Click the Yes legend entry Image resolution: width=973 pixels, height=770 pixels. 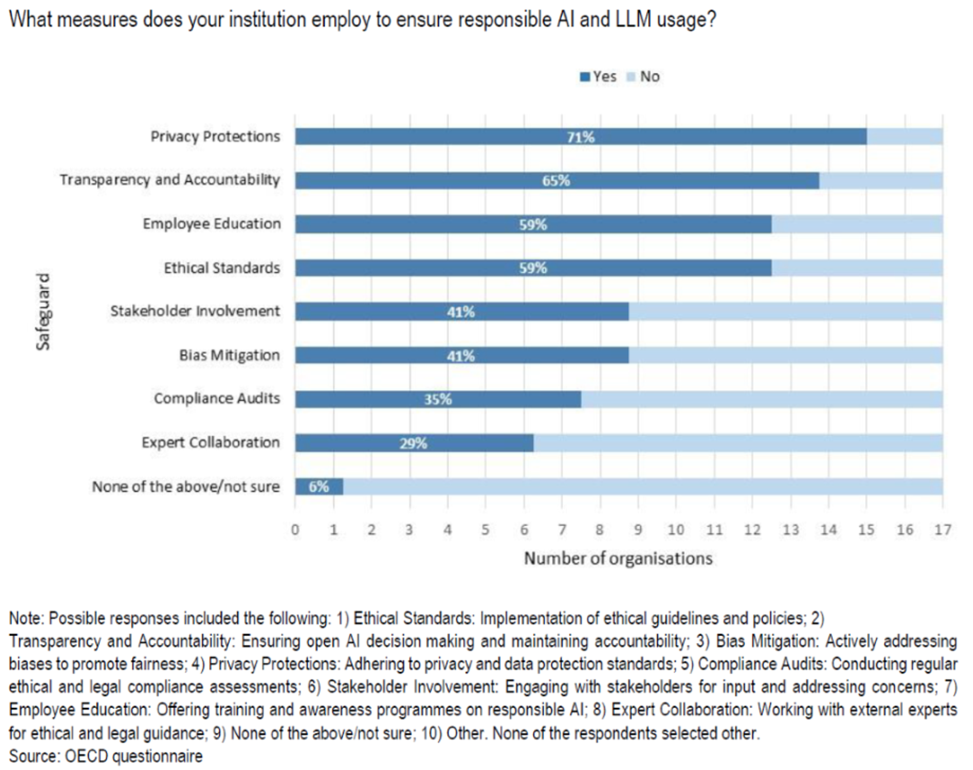(x=598, y=77)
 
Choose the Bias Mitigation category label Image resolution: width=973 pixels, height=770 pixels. (x=230, y=355)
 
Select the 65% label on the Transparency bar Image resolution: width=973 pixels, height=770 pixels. (x=556, y=181)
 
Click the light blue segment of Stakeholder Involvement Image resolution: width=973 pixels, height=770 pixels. (x=784, y=311)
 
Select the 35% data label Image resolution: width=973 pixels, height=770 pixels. (x=437, y=399)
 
